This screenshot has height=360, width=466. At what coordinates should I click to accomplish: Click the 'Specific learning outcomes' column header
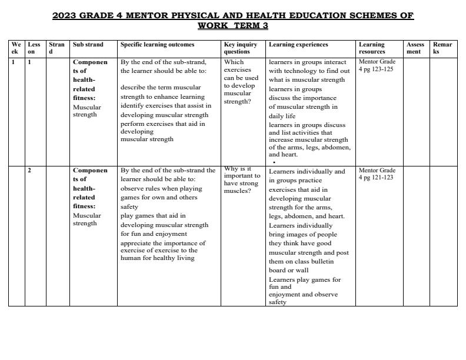pos(157,45)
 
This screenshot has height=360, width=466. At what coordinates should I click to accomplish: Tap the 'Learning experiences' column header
pos(298,45)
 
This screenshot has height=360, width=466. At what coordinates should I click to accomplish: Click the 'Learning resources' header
pos(372,48)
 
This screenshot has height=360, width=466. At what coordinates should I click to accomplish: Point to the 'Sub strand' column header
pos(88,45)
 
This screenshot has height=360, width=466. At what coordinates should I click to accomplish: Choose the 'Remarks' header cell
pos(442,48)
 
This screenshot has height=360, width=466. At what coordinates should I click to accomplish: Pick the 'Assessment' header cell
pos(415,48)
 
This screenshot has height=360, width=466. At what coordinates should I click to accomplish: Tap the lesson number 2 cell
pos(29,171)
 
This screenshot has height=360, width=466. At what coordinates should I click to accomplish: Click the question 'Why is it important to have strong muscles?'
pos(241,179)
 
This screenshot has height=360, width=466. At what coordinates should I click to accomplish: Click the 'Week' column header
pos(16,48)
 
